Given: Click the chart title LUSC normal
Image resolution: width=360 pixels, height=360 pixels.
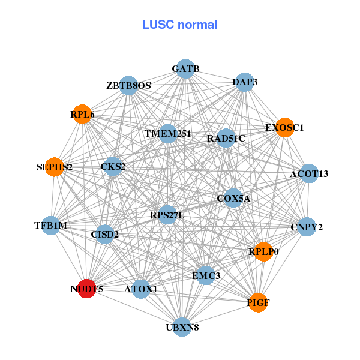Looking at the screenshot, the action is [x=180, y=25].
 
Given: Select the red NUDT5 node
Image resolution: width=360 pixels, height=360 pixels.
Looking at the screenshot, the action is [x=87, y=289].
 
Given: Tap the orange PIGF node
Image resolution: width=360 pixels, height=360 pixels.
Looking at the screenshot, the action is [x=258, y=302].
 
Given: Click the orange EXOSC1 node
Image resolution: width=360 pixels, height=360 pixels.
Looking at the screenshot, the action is [x=284, y=127].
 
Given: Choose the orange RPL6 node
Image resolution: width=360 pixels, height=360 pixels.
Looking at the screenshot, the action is [x=82, y=114].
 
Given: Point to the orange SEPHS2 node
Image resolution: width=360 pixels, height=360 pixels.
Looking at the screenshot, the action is [x=55, y=167].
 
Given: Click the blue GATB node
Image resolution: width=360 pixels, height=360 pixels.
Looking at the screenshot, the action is [x=185, y=69].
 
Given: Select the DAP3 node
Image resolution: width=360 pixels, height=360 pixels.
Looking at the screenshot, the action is [x=245, y=82].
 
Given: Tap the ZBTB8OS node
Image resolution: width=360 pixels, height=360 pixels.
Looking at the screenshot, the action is [x=129, y=86].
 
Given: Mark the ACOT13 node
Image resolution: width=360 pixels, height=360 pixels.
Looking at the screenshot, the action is [x=309, y=174].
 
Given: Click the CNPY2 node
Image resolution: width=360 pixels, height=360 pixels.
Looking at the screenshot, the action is [x=307, y=227].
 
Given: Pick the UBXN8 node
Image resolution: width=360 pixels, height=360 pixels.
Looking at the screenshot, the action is [x=182, y=327].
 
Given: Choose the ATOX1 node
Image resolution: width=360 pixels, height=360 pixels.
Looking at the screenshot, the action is [x=141, y=289].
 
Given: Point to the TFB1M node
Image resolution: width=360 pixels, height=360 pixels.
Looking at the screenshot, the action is [x=52, y=225].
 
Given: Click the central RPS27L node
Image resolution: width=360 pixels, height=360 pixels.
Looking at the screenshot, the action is [x=167, y=215].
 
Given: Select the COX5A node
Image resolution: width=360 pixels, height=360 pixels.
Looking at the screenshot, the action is [x=233, y=198].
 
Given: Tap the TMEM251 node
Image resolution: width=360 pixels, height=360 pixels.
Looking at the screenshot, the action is [x=168, y=133].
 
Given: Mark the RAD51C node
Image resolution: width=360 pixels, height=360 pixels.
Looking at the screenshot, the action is [x=226, y=139].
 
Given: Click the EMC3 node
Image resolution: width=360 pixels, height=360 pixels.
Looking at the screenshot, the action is [x=206, y=275].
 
